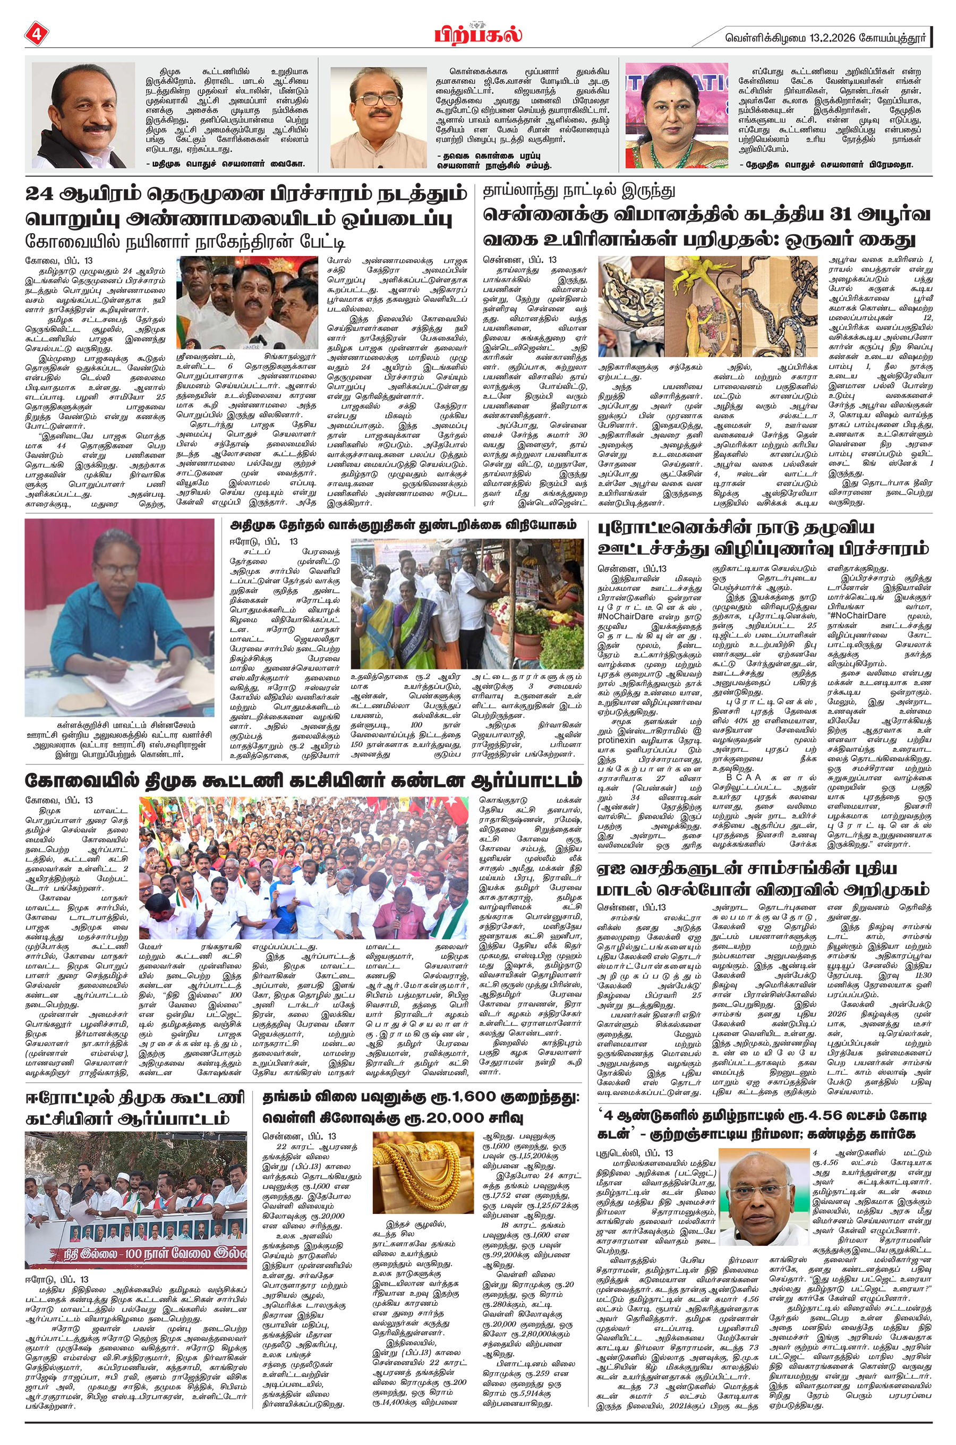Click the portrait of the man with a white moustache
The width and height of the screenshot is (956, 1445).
pyautogui.click(x=83, y=115)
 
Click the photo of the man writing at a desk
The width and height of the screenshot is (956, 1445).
pyautogui.click(x=119, y=617)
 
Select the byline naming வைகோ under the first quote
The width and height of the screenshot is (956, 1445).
pyautogui.click(x=226, y=164)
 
